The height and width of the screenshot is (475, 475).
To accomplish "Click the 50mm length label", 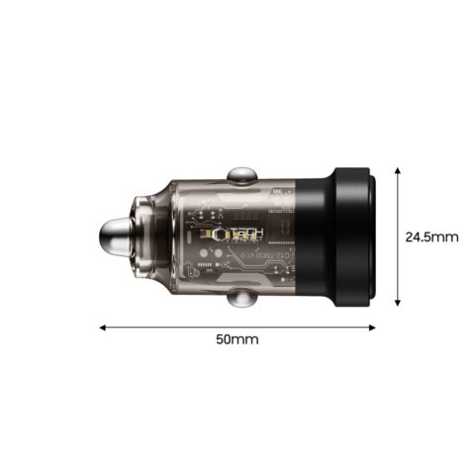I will pos(237,339).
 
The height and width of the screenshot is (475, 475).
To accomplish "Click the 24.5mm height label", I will pos(432,237).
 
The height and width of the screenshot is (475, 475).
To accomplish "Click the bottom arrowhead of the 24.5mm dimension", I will pos(397,304).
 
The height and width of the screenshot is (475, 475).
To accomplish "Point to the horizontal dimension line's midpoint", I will pos(237,325).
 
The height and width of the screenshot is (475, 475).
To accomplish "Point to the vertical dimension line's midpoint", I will pos(397,237).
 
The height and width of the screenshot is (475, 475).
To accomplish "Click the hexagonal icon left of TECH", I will pos(204,235).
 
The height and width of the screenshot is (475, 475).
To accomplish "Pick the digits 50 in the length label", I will pos(225,339).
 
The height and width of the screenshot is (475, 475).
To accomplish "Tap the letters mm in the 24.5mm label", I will pos(448,237).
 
